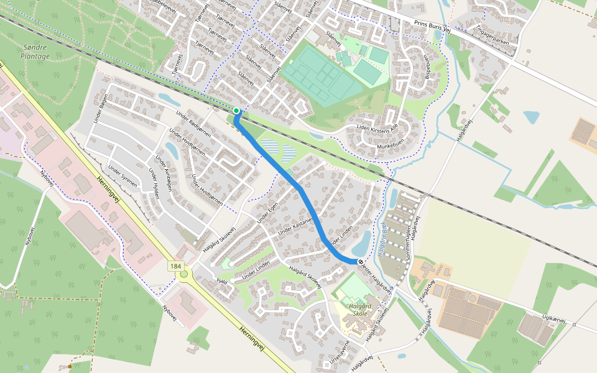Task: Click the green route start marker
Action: click(x=236, y=111)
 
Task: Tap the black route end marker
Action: click(x=361, y=262)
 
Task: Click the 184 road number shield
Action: click(x=177, y=266)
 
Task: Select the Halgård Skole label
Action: click(x=353, y=310)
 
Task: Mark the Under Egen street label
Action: click(x=269, y=214)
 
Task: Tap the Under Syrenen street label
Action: click(x=122, y=178)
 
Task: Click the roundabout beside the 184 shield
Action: click(x=183, y=274)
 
